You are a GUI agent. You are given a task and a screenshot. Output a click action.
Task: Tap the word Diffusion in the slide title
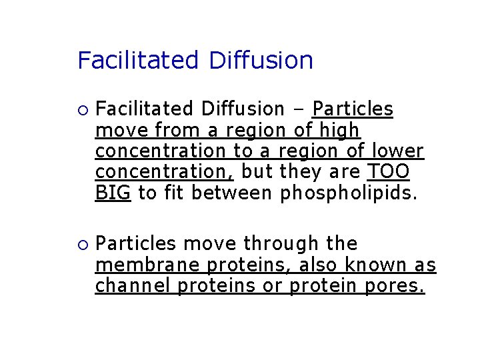pos(261,61)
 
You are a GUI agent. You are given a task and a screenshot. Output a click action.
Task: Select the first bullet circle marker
pos(81,109)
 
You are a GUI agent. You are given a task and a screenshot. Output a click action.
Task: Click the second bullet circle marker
pos(81,245)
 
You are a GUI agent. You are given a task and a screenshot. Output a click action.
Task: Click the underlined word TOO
pos(389,172)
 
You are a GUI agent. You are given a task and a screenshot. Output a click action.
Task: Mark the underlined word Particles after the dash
pos(353,108)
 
